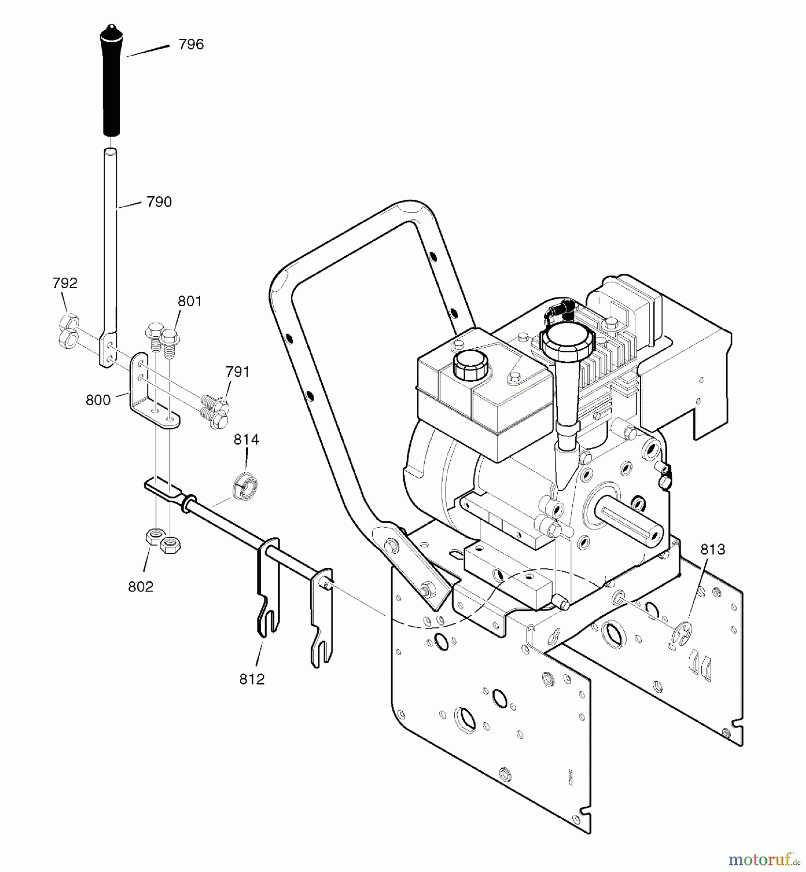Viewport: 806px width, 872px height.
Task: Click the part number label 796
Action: tap(191, 45)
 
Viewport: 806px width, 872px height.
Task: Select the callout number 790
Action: tap(159, 202)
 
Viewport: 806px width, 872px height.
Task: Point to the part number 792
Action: tap(65, 283)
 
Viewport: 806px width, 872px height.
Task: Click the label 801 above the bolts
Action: tap(190, 301)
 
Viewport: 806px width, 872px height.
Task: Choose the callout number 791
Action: tap(237, 372)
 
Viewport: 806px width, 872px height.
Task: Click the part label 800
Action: tap(98, 400)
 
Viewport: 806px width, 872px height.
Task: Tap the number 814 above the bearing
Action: tap(246, 439)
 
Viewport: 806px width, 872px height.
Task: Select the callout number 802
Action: tap(141, 587)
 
